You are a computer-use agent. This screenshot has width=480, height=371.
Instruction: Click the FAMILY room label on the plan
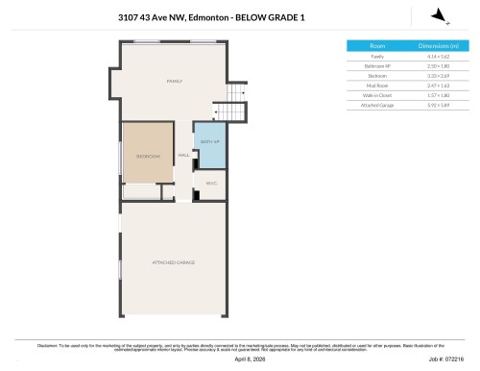(x=174, y=82)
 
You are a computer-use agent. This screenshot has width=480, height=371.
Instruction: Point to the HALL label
(x=182, y=155)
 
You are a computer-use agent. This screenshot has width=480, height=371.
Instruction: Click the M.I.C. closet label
(x=210, y=184)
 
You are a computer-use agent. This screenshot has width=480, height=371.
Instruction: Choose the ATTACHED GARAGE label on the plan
(x=174, y=261)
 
